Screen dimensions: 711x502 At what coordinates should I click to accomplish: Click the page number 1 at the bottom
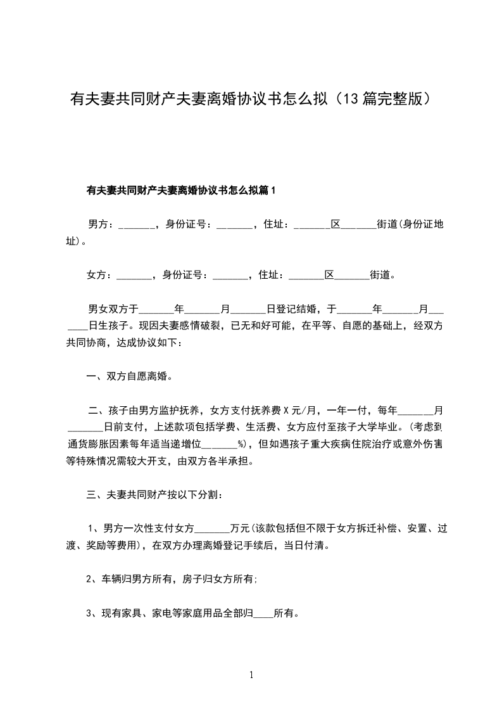click(x=251, y=675)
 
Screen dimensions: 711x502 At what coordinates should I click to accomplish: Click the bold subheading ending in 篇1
click(x=182, y=189)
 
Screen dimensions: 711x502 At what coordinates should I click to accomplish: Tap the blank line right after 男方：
click(x=135, y=225)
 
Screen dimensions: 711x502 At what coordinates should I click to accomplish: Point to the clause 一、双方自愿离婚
click(x=129, y=376)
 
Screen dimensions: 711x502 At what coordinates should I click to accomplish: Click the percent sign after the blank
click(x=241, y=444)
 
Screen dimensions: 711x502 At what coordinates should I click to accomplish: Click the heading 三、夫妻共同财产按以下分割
click(x=154, y=494)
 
